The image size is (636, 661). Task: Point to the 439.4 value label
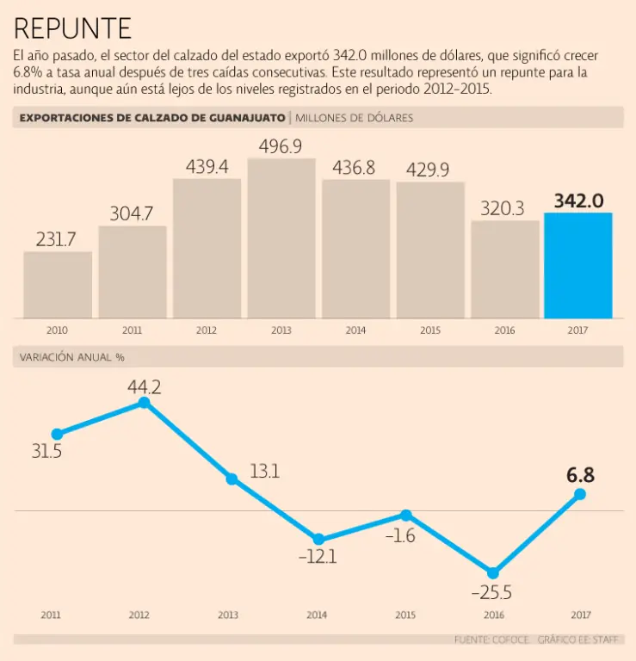coord(207,167)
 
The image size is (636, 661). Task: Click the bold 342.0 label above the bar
coord(578,201)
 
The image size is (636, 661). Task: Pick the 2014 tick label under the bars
coord(355,330)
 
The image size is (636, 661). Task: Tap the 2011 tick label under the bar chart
coord(133,330)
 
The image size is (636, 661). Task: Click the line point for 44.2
coord(145,402)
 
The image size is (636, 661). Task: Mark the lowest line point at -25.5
coord(493,572)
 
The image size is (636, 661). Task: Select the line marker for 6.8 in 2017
coord(580,494)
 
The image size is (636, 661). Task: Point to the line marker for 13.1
coord(232,479)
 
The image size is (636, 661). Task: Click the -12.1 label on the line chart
coord(318,557)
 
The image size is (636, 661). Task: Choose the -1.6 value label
coord(402,535)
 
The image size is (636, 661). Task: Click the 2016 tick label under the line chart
coord(493,615)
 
